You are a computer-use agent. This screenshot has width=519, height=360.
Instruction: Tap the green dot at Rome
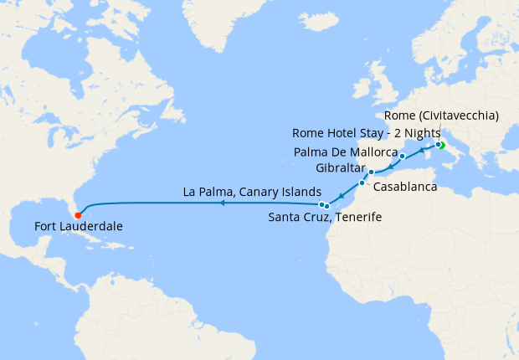tap(440, 146)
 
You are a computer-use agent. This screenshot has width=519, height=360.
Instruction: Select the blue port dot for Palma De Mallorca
tap(403, 157)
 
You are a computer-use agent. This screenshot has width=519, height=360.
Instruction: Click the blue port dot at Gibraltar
tap(371, 172)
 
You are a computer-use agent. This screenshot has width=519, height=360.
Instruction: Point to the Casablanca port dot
tap(362, 183)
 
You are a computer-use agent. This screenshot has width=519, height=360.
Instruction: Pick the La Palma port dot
tap(321, 203)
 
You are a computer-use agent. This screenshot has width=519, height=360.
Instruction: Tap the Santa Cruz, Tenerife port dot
tap(326, 205)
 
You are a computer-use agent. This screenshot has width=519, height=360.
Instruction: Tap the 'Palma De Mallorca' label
tap(345, 152)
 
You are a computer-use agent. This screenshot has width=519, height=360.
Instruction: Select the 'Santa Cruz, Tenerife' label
tap(325, 218)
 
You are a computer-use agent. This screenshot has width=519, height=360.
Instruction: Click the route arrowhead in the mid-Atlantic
tap(221, 203)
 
